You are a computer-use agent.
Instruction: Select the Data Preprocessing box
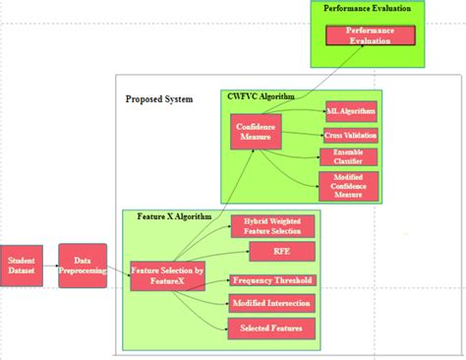tap(83, 266)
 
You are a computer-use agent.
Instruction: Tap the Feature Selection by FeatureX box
tap(166, 274)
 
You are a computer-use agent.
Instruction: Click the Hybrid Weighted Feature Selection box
tap(272, 226)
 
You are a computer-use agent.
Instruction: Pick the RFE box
tap(272, 253)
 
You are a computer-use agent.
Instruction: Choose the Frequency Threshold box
tap(272, 279)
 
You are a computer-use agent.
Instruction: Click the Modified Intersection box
tap(272, 303)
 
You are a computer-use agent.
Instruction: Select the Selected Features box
tap(272, 327)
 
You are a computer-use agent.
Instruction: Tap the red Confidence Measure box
tap(256, 131)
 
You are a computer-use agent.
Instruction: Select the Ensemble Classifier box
tap(349, 156)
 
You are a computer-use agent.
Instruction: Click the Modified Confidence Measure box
tap(349, 185)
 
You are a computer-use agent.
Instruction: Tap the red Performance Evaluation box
tap(367, 35)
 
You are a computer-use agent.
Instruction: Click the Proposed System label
tap(159, 99)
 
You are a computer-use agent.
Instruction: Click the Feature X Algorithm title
tap(167, 214)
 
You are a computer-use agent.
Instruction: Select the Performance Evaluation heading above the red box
tap(367, 8)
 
